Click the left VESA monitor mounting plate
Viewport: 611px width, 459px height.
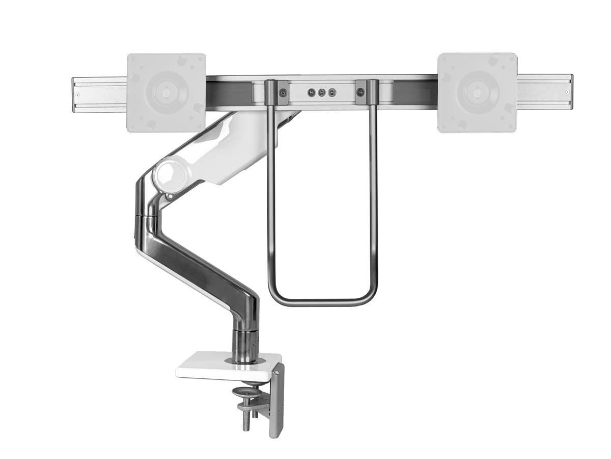166,93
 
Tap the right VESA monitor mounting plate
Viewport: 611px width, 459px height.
477,93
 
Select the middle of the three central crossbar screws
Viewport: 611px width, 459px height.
322,93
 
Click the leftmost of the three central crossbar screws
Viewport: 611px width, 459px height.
311,93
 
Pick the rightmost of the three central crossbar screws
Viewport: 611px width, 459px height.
332,93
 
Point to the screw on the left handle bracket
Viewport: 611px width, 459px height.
283,93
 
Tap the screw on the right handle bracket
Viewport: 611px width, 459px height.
360,93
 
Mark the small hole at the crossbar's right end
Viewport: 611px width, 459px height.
567,92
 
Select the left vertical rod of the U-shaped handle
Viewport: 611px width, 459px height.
271,204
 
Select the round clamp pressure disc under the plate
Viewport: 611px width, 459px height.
246,392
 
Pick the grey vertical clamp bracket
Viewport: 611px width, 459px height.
276,403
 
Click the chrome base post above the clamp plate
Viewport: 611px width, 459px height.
245,344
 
